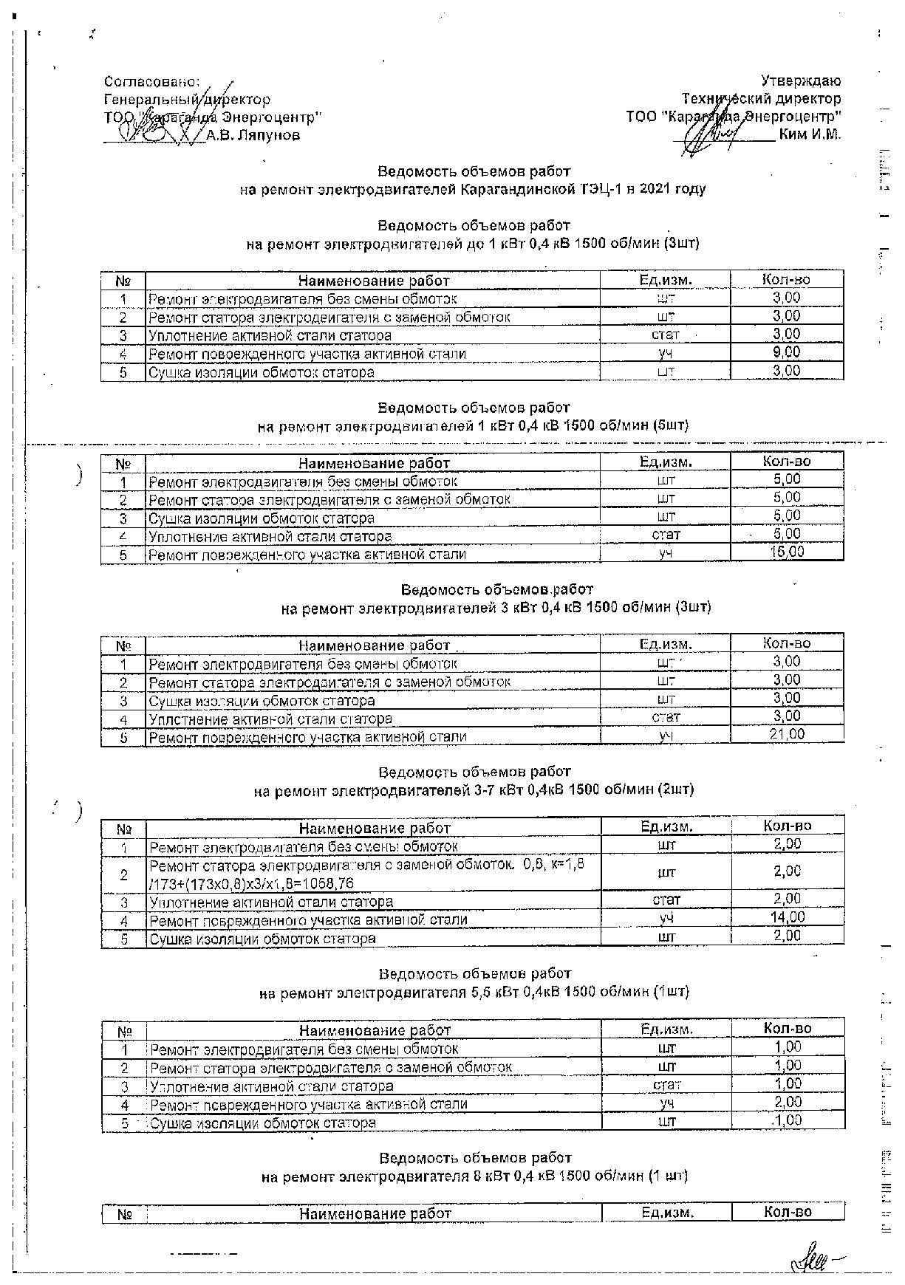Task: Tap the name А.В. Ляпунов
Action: tap(253, 136)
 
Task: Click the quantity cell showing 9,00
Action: tap(786, 353)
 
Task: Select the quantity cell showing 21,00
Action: tap(786, 735)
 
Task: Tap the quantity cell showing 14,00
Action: tap(787, 918)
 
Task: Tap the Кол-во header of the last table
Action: tap(788, 1213)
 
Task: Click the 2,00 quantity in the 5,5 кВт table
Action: tap(788, 1102)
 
